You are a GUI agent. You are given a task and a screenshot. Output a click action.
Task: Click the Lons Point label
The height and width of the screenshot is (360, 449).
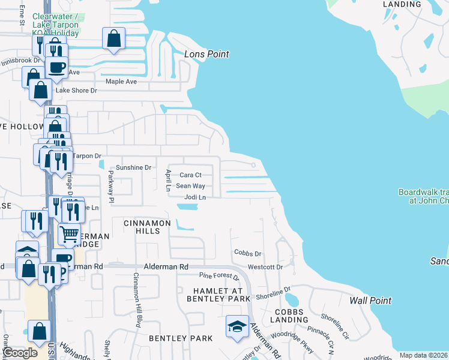tap(206, 55)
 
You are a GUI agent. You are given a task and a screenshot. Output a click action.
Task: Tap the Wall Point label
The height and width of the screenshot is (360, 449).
tap(370, 301)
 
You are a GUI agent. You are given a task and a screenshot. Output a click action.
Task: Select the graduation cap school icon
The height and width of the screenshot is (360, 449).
tap(237, 327)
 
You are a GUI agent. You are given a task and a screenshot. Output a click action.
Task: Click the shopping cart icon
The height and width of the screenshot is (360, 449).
tap(70, 233)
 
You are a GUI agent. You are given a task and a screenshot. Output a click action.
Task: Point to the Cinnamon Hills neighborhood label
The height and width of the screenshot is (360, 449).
tap(147, 223)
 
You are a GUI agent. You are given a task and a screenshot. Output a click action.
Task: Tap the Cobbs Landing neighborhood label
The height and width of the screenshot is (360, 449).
tap(292, 316)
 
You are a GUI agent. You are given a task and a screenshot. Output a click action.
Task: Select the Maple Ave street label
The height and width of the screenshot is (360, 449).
tap(121, 82)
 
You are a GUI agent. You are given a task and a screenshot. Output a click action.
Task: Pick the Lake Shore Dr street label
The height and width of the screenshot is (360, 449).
tap(76, 91)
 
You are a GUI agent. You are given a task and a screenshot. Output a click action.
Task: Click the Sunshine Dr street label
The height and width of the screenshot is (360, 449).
tap(133, 167)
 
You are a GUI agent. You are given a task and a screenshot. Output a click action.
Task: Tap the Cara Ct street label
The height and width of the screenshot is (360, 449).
tap(190, 175)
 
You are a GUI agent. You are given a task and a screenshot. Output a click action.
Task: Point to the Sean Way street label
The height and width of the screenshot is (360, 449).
tap(190, 186)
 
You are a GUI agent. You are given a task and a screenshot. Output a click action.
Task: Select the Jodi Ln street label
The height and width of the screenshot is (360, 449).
tap(195, 197)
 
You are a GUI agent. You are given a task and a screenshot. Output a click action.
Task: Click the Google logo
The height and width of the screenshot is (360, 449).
tap(20, 353)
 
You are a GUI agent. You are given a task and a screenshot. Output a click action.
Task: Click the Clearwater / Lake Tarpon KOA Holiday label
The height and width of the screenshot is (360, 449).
tap(55, 25)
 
